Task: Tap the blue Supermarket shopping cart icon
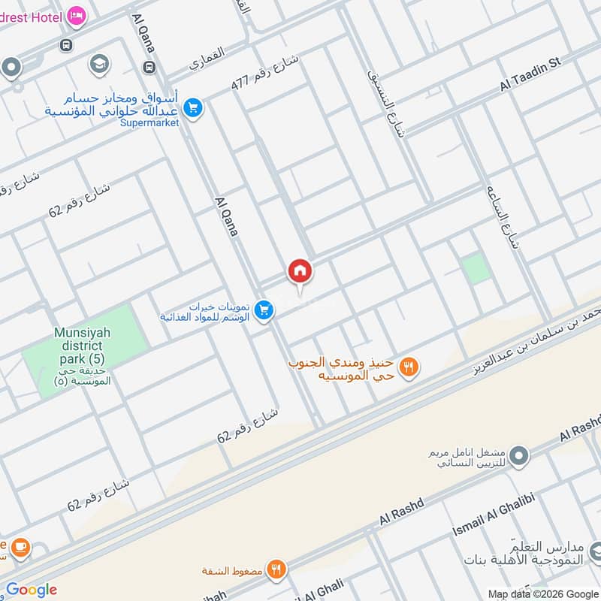click(193, 108)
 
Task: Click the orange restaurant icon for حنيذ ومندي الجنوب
click(409, 367)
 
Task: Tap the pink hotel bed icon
click(76, 15)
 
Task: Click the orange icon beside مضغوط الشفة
click(277, 569)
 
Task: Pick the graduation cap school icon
click(98, 65)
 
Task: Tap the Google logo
click(32, 590)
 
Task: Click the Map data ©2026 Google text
click(542, 593)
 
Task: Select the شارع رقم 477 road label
click(264, 73)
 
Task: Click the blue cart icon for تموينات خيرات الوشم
click(263, 310)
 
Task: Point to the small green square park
click(474, 269)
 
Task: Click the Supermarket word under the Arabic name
click(149, 122)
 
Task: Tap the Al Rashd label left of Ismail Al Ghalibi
click(402, 512)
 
